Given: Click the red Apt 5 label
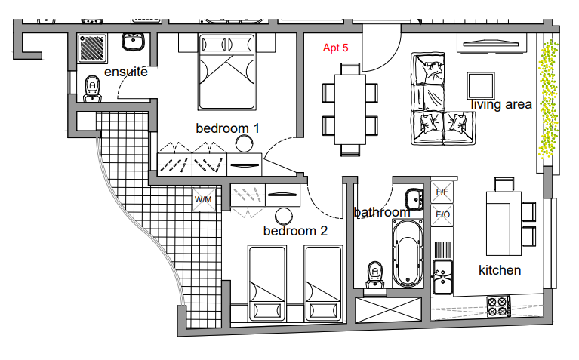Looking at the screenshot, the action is [335, 48].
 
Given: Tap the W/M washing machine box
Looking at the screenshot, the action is [204, 200].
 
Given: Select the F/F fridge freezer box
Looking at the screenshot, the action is [442, 192].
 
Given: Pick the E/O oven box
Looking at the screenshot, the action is [442, 215].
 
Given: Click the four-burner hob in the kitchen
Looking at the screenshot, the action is [498, 306].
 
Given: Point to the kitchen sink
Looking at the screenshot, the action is [442, 276].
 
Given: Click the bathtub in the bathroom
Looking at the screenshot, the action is [407, 253].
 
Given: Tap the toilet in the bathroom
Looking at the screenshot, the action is [375, 275].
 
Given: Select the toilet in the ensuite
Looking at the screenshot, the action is [92, 89].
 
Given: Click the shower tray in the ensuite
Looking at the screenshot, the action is [92, 48].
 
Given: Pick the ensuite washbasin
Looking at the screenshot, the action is [133, 42].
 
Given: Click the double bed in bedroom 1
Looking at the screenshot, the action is [227, 72].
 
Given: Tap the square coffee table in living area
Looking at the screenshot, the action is [481, 86].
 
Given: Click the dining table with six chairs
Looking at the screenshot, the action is [350, 109].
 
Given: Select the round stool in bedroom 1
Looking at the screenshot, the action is [244, 143].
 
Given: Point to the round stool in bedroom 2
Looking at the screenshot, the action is [284, 216].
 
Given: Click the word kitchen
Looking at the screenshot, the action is [500, 270].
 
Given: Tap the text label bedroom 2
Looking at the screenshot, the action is [295, 231].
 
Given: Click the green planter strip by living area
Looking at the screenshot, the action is [548, 99].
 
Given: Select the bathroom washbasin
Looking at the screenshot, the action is [414, 199].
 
